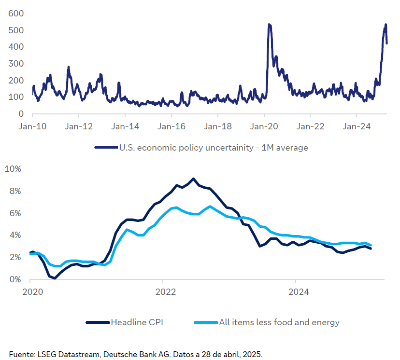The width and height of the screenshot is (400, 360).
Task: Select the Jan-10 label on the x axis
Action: (x=32, y=127)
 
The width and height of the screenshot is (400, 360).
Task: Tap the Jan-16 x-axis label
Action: (x=171, y=127)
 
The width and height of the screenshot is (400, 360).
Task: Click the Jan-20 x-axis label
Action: (x=264, y=127)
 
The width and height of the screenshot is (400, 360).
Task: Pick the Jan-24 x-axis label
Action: (x=356, y=127)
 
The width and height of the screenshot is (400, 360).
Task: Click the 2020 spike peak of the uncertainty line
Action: (x=269, y=25)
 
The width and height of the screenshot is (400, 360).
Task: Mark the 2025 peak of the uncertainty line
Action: (x=386, y=25)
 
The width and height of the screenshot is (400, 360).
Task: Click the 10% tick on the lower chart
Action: (x=13, y=169)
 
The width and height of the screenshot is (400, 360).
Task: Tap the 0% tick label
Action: (x=15, y=279)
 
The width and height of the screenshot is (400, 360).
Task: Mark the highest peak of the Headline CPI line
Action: (x=193, y=179)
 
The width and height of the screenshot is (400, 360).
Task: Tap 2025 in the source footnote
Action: (x=253, y=354)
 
